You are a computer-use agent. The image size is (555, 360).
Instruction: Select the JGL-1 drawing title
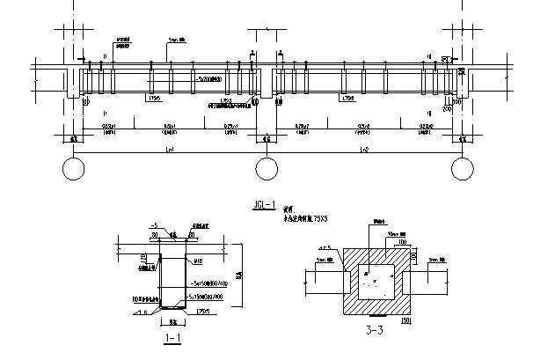pos(265,205)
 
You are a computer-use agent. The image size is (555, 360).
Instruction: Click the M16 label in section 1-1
pos(199,261)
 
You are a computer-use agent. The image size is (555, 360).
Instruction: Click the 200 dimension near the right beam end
pos(447,110)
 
